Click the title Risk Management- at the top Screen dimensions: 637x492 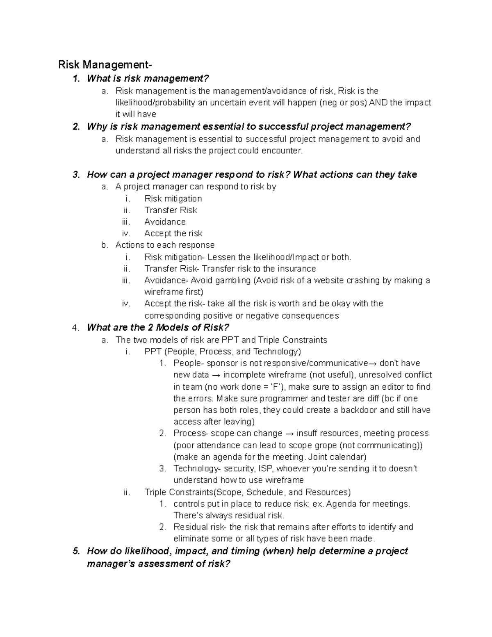click(x=105, y=65)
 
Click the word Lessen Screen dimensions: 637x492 click(x=221, y=257)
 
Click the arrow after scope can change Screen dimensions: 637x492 click(x=289, y=434)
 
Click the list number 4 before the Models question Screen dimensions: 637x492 click(x=75, y=328)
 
